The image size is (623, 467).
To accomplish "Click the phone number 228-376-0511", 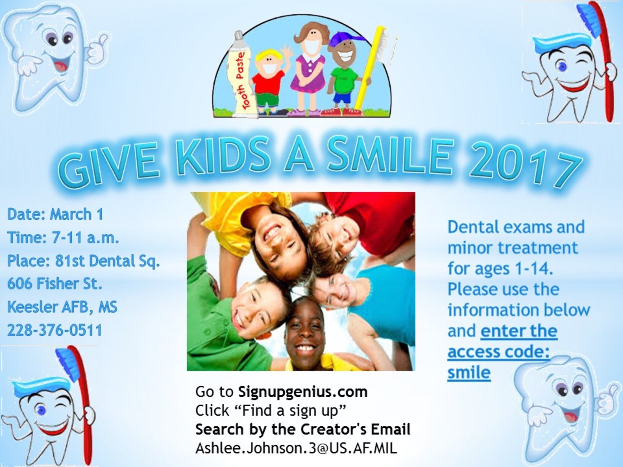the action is [55, 330].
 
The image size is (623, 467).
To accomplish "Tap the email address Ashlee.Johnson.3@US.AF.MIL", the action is [296, 448].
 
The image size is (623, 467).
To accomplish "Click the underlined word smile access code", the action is [469, 373].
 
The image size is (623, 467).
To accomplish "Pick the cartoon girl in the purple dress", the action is [308, 68].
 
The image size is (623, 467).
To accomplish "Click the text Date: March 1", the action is [55, 215].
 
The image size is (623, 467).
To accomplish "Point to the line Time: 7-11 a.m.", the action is [63, 238].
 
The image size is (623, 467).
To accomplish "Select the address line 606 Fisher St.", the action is [55, 284].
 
